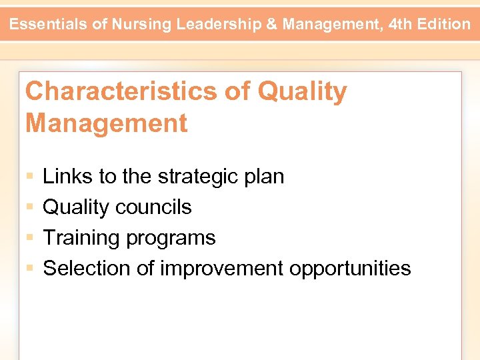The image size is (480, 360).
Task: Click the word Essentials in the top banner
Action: pos(50,25)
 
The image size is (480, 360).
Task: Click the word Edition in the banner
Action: pos(445,25)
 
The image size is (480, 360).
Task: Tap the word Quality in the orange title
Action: pos(302,92)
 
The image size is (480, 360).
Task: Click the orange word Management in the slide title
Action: pos(106,123)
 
